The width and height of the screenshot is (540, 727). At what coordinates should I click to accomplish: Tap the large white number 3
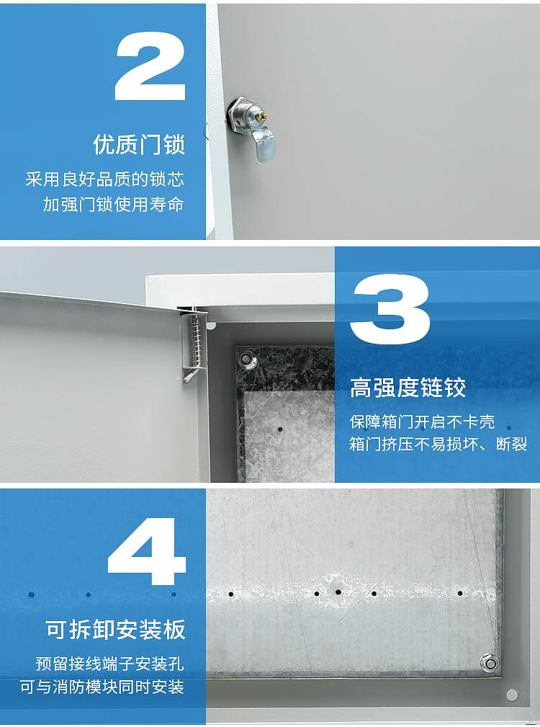(x=390, y=310)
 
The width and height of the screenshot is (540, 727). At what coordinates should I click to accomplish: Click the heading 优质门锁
(x=139, y=144)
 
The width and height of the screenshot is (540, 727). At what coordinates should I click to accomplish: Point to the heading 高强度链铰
(x=408, y=388)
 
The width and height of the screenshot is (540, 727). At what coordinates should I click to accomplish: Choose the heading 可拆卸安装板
(x=115, y=630)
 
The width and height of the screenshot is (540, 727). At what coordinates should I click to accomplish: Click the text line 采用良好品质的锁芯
(x=105, y=179)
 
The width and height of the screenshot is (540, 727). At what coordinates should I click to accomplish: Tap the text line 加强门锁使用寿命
(x=113, y=205)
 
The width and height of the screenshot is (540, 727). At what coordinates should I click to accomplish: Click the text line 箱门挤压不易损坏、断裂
(x=438, y=444)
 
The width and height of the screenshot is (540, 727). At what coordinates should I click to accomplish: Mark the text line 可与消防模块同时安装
(x=102, y=687)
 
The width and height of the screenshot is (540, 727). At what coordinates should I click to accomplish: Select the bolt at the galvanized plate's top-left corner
(x=246, y=359)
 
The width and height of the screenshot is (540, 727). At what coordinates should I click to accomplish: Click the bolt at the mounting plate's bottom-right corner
(x=489, y=661)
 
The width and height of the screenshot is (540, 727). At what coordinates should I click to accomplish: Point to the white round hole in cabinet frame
(x=512, y=695)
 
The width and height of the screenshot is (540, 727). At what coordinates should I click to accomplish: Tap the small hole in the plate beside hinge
(x=280, y=428)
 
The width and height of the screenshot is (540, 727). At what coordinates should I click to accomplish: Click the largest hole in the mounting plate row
(x=338, y=592)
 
